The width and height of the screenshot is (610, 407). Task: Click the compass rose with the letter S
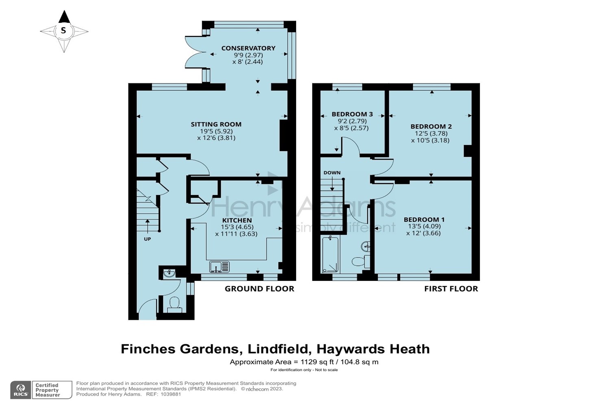(x=63, y=31)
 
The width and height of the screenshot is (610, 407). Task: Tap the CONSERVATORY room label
(x=248, y=48)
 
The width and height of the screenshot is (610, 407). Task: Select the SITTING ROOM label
(x=216, y=124)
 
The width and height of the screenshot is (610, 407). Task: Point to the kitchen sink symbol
(x=220, y=267)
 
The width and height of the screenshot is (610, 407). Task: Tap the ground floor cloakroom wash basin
(x=169, y=274)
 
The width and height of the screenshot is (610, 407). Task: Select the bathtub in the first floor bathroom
(x=330, y=255)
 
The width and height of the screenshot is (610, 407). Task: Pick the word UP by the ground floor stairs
(x=147, y=239)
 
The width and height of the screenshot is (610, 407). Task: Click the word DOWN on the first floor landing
(x=332, y=173)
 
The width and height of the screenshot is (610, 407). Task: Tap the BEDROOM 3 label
(x=352, y=114)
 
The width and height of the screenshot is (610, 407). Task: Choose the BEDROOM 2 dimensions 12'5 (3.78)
(x=431, y=133)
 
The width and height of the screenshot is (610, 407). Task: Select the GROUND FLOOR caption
(x=259, y=289)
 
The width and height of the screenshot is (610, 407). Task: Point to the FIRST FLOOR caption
(x=451, y=289)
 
